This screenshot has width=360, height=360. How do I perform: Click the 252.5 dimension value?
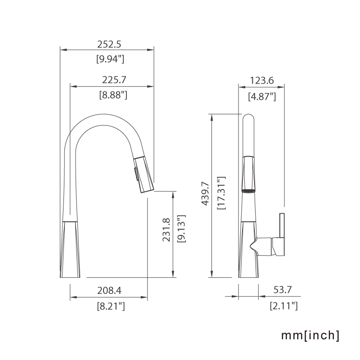pos(110,44)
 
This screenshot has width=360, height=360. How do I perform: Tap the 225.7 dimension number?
pos(114,80)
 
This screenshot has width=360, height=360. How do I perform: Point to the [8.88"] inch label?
pos(113,95)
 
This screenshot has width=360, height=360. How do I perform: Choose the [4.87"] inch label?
pos(262,96)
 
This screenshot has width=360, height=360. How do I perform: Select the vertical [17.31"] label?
pos(221,193)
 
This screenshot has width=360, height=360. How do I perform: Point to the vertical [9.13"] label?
pos(181,229)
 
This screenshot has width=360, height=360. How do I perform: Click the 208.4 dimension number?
pos(109,291)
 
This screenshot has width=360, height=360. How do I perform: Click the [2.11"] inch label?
pos(283,306)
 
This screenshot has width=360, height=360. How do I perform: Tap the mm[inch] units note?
pos(310,335)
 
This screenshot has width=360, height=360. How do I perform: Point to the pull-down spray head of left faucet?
pos(143,173)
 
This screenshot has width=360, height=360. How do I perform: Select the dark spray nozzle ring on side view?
pos(248,191)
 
